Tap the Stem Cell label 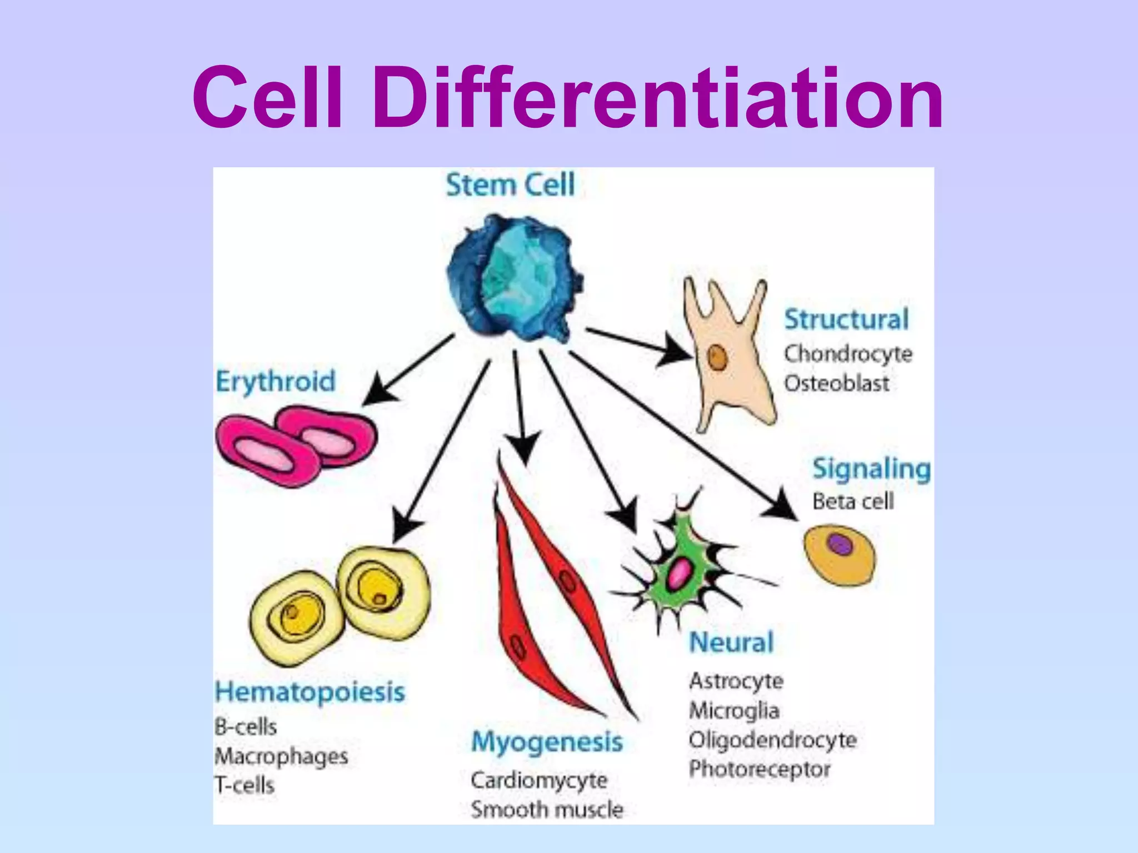(x=510, y=185)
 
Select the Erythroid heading (x=276, y=382)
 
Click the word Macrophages (x=281, y=756)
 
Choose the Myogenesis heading (x=547, y=742)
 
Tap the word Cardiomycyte (x=539, y=780)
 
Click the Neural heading (x=731, y=643)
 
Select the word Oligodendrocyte (x=772, y=740)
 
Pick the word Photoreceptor (x=760, y=770)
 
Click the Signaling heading (x=871, y=469)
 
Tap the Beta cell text (x=853, y=501)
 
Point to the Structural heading (x=846, y=320)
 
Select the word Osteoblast (x=836, y=384)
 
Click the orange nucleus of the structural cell (x=717, y=358)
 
